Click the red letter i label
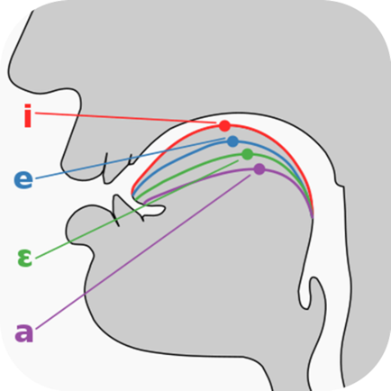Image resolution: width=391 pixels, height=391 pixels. [28, 115]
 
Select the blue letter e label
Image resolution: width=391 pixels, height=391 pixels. [23, 179]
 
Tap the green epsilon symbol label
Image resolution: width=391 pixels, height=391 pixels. [24, 259]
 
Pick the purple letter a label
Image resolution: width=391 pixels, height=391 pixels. [24, 332]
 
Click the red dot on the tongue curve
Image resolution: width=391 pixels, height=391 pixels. [224, 126]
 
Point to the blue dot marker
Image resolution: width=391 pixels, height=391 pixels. [232, 141]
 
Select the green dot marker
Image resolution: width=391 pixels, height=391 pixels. [248, 154]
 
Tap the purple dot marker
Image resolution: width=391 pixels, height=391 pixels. [259, 169]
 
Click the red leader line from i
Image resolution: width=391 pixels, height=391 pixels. [125, 118]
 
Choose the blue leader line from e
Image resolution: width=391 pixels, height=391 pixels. [131, 159]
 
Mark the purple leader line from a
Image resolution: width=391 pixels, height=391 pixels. [143, 251]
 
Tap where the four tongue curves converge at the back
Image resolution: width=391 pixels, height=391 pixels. [313, 215]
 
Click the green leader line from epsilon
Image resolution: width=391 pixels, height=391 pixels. [137, 209]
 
